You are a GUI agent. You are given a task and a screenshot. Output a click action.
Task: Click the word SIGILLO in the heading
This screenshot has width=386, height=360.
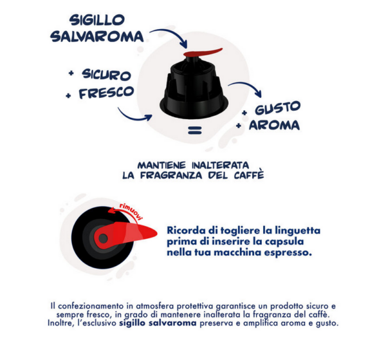(97, 20)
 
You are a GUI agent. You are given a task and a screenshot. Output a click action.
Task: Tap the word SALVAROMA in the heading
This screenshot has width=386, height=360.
(97, 37)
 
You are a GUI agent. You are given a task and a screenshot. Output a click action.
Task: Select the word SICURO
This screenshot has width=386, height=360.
(106, 75)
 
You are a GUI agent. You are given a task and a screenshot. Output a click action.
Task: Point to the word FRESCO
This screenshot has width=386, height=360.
(106, 92)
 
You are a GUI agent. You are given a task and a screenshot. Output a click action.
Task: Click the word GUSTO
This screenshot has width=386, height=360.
(278, 108)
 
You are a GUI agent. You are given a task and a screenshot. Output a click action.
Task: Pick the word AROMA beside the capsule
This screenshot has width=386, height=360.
(274, 125)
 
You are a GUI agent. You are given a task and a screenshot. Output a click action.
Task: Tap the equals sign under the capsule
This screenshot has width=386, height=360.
(195, 130)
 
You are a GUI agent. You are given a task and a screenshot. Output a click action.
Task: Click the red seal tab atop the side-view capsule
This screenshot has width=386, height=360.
(203, 52)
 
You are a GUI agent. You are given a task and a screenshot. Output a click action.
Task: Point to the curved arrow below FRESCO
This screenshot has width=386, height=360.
(133, 118)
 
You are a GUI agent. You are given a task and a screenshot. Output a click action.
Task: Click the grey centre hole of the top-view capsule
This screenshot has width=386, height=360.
(103, 238)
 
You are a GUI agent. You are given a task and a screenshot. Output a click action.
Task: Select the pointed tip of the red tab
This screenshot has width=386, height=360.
(157, 232)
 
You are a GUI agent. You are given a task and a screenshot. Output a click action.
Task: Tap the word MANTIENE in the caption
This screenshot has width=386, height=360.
(161, 165)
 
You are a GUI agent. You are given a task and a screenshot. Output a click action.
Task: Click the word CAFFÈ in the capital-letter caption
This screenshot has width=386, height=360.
(249, 175)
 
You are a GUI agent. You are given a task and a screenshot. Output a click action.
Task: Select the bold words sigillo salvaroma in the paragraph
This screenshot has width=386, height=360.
(158, 323)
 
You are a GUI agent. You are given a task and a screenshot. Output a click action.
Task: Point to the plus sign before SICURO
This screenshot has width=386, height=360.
(71, 73)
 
